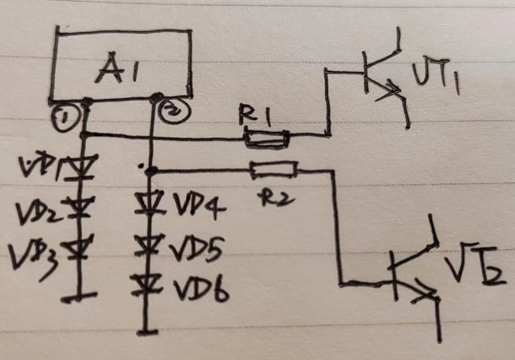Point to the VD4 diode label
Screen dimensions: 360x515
(x=198, y=205)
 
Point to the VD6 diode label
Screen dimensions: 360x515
(x=200, y=290)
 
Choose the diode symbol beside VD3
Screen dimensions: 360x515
(x=81, y=249)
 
